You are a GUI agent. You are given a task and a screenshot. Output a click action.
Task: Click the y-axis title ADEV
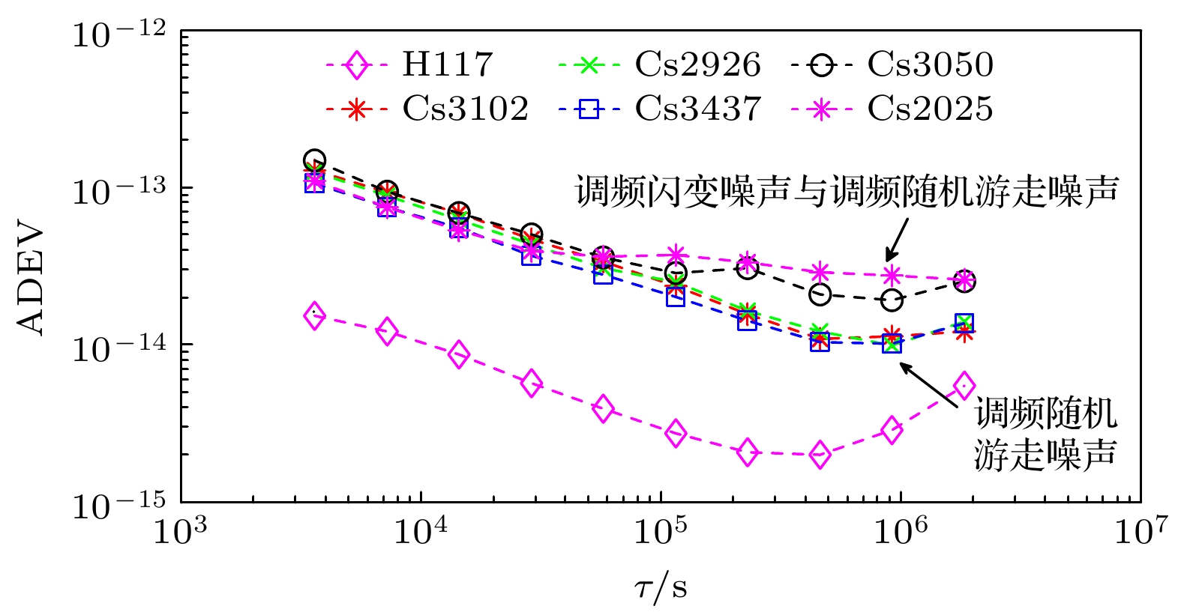click(x=31, y=279)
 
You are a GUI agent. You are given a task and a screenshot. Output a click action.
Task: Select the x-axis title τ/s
click(x=661, y=588)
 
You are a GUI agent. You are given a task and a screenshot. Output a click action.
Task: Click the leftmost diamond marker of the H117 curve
click(x=315, y=316)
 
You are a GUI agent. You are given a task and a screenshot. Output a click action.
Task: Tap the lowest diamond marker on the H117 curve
click(x=820, y=455)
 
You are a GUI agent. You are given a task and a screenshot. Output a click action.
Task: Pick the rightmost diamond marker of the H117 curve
click(x=964, y=386)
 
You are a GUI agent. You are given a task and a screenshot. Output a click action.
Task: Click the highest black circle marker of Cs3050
click(x=315, y=160)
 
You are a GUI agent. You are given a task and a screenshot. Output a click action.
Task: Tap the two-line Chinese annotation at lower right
click(x=1045, y=433)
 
